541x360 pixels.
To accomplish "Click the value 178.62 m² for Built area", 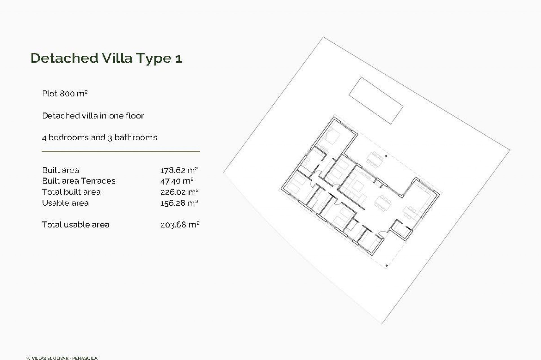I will tap(179, 170).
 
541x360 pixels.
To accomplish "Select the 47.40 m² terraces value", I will tap(177, 181).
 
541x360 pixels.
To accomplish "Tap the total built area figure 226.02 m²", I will tap(179, 192).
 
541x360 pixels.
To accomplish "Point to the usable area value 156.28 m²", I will tap(179, 203).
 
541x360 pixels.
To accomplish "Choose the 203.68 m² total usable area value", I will tap(180, 225).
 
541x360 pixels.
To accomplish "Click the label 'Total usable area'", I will tap(76, 225).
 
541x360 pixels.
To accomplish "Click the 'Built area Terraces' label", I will tap(79, 181).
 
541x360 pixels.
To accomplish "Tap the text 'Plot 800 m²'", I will tap(65, 94).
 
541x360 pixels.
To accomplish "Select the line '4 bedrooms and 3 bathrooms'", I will tap(99, 138).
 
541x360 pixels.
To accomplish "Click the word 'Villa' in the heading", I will tap(117, 58).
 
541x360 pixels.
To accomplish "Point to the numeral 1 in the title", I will tap(178, 59).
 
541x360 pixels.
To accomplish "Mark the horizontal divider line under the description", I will tap(121, 151).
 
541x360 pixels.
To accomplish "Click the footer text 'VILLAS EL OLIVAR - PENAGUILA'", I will tap(65, 358).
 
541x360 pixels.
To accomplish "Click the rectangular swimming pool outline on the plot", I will tap(376, 100).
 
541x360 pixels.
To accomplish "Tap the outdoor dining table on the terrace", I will tap(375, 160).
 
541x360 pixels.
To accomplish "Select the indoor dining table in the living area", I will tap(383, 203).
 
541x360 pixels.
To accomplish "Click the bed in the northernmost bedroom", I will tap(332, 137).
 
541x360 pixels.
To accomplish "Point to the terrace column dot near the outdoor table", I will tap(386, 156).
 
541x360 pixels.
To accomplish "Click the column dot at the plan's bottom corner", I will tap(387, 265).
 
